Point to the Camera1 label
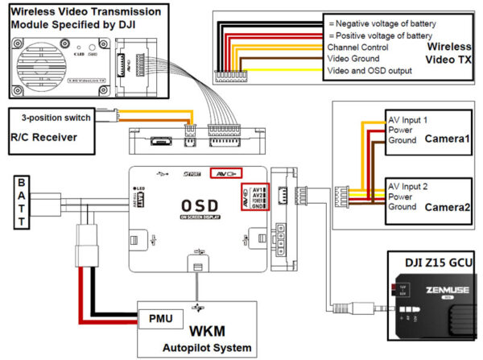click(446, 139)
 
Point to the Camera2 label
click(446, 206)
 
